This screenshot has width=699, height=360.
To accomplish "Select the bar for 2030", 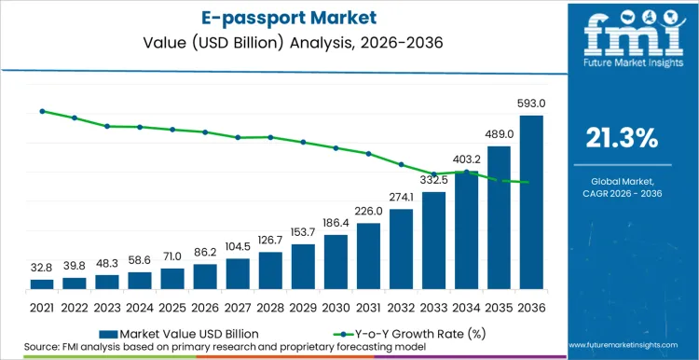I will (336, 262).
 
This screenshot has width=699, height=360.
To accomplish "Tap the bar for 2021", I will (42, 284).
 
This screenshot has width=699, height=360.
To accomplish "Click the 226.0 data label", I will (369, 212).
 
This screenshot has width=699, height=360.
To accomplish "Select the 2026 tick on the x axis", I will (205, 307).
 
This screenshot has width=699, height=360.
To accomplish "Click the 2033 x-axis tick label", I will (433, 307).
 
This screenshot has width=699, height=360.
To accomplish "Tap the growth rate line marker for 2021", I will (42, 111).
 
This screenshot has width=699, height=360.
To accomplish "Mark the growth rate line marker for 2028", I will (270, 137).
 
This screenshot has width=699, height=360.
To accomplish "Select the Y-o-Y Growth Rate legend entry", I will (401, 333).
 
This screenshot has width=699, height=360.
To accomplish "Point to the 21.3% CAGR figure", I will (621, 138).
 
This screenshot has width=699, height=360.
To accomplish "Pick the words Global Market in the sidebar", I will (621, 181).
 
